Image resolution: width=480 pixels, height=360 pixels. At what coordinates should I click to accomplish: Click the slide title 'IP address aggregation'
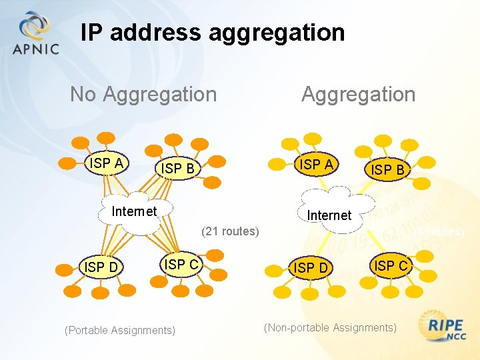pos(213,33)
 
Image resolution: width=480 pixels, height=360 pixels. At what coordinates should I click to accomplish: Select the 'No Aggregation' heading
pos(143,95)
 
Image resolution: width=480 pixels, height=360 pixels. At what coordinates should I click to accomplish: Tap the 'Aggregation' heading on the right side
pos(358,95)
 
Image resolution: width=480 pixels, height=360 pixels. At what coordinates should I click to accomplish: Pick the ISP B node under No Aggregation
pos(178,169)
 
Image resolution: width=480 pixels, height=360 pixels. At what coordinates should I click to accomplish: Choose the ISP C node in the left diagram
pos(181,264)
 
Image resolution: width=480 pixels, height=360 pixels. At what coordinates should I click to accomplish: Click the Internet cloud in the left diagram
pos(135,212)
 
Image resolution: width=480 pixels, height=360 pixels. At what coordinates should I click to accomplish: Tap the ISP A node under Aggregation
pos(317,164)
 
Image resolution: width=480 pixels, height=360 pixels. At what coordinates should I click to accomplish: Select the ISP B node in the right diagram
pos(387,169)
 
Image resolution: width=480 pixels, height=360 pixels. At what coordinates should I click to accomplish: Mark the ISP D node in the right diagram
pos(311,268)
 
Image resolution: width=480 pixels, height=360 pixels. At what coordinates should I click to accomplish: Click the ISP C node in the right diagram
pos(391,265)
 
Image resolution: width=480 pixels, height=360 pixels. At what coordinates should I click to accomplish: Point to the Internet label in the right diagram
pos(329,215)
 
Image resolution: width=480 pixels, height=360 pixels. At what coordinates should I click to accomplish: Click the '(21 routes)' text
pos(230,231)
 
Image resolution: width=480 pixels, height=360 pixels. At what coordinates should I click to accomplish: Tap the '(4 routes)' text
pos(438,231)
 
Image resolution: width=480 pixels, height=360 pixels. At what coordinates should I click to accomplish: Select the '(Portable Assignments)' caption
pos(120,330)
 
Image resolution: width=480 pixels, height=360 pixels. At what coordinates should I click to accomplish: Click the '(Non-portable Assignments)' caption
pos(330,327)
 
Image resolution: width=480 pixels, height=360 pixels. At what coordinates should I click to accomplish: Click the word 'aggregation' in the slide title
pos(277,33)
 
